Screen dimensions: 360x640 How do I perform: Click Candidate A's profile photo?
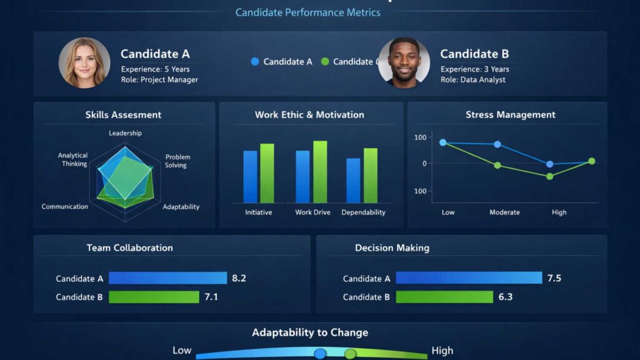[x=84, y=62]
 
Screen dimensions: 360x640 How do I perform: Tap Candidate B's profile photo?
[x=404, y=62]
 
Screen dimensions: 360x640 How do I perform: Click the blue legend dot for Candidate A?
[x=255, y=61]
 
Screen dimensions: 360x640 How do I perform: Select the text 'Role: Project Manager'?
[x=159, y=80]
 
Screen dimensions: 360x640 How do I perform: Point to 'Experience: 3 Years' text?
[x=475, y=69]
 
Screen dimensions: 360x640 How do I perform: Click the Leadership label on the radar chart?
[x=125, y=133]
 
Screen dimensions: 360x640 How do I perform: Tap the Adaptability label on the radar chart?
[x=181, y=207]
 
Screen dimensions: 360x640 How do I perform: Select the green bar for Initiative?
[x=267, y=173]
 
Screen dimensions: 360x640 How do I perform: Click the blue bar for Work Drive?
[x=302, y=177]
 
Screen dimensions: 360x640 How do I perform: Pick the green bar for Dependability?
[x=371, y=176]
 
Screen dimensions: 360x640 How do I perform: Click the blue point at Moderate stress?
[x=497, y=144]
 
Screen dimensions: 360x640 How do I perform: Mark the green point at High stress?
[x=550, y=176]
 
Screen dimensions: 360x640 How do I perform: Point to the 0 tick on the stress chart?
[x=424, y=164]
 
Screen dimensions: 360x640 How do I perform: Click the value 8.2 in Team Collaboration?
[x=239, y=278]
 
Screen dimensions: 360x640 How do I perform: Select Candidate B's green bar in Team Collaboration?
[x=154, y=297]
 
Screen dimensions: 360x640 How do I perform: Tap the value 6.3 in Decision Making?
[x=506, y=297]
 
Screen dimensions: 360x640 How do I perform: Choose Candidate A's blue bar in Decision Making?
[x=469, y=278]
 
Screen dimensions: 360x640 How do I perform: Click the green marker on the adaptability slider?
[x=350, y=354]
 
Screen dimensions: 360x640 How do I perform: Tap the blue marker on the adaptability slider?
[x=320, y=354]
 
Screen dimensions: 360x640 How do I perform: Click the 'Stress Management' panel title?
[x=510, y=115]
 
